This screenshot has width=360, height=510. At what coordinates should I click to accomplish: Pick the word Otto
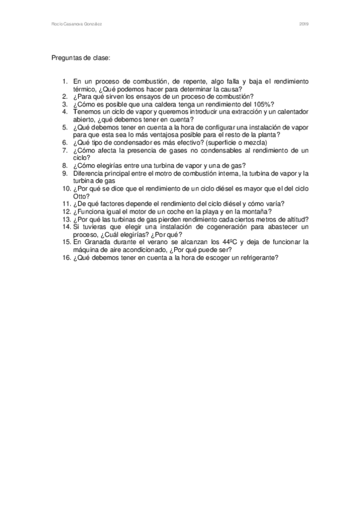pos(81,195)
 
